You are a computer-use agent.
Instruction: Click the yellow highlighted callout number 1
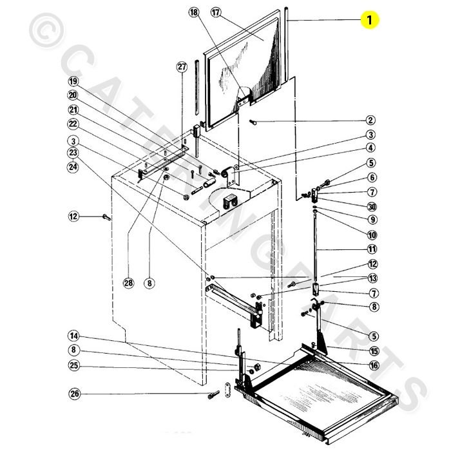(x=370, y=19)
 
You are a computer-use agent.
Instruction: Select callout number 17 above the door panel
(x=216, y=12)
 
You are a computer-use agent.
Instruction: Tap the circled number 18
(x=194, y=12)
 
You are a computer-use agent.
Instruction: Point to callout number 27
(x=182, y=67)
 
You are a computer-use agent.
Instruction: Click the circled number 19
(x=73, y=82)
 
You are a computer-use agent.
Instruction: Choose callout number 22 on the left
(x=73, y=124)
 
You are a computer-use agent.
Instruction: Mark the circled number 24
(x=73, y=166)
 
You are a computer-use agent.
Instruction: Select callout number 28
(x=128, y=283)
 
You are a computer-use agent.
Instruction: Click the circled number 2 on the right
(x=370, y=120)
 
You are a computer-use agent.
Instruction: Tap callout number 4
(x=370, y=148)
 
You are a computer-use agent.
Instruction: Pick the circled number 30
(x=372, y=207)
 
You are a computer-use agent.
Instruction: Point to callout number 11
(x=372, y=249)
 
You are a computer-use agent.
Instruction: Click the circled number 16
(x=374, y=365)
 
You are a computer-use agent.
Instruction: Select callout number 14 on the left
(x=73, y=336)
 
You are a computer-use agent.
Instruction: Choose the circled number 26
(x=75, y=394)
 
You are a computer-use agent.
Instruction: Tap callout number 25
(x=73, y=365)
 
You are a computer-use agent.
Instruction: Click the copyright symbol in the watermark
(x=46, y=30)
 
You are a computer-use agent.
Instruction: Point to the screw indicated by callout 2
(x=253, y=122)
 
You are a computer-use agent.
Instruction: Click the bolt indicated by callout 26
(x=213, y=394)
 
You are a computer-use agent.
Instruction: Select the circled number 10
(x=372, y=235)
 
